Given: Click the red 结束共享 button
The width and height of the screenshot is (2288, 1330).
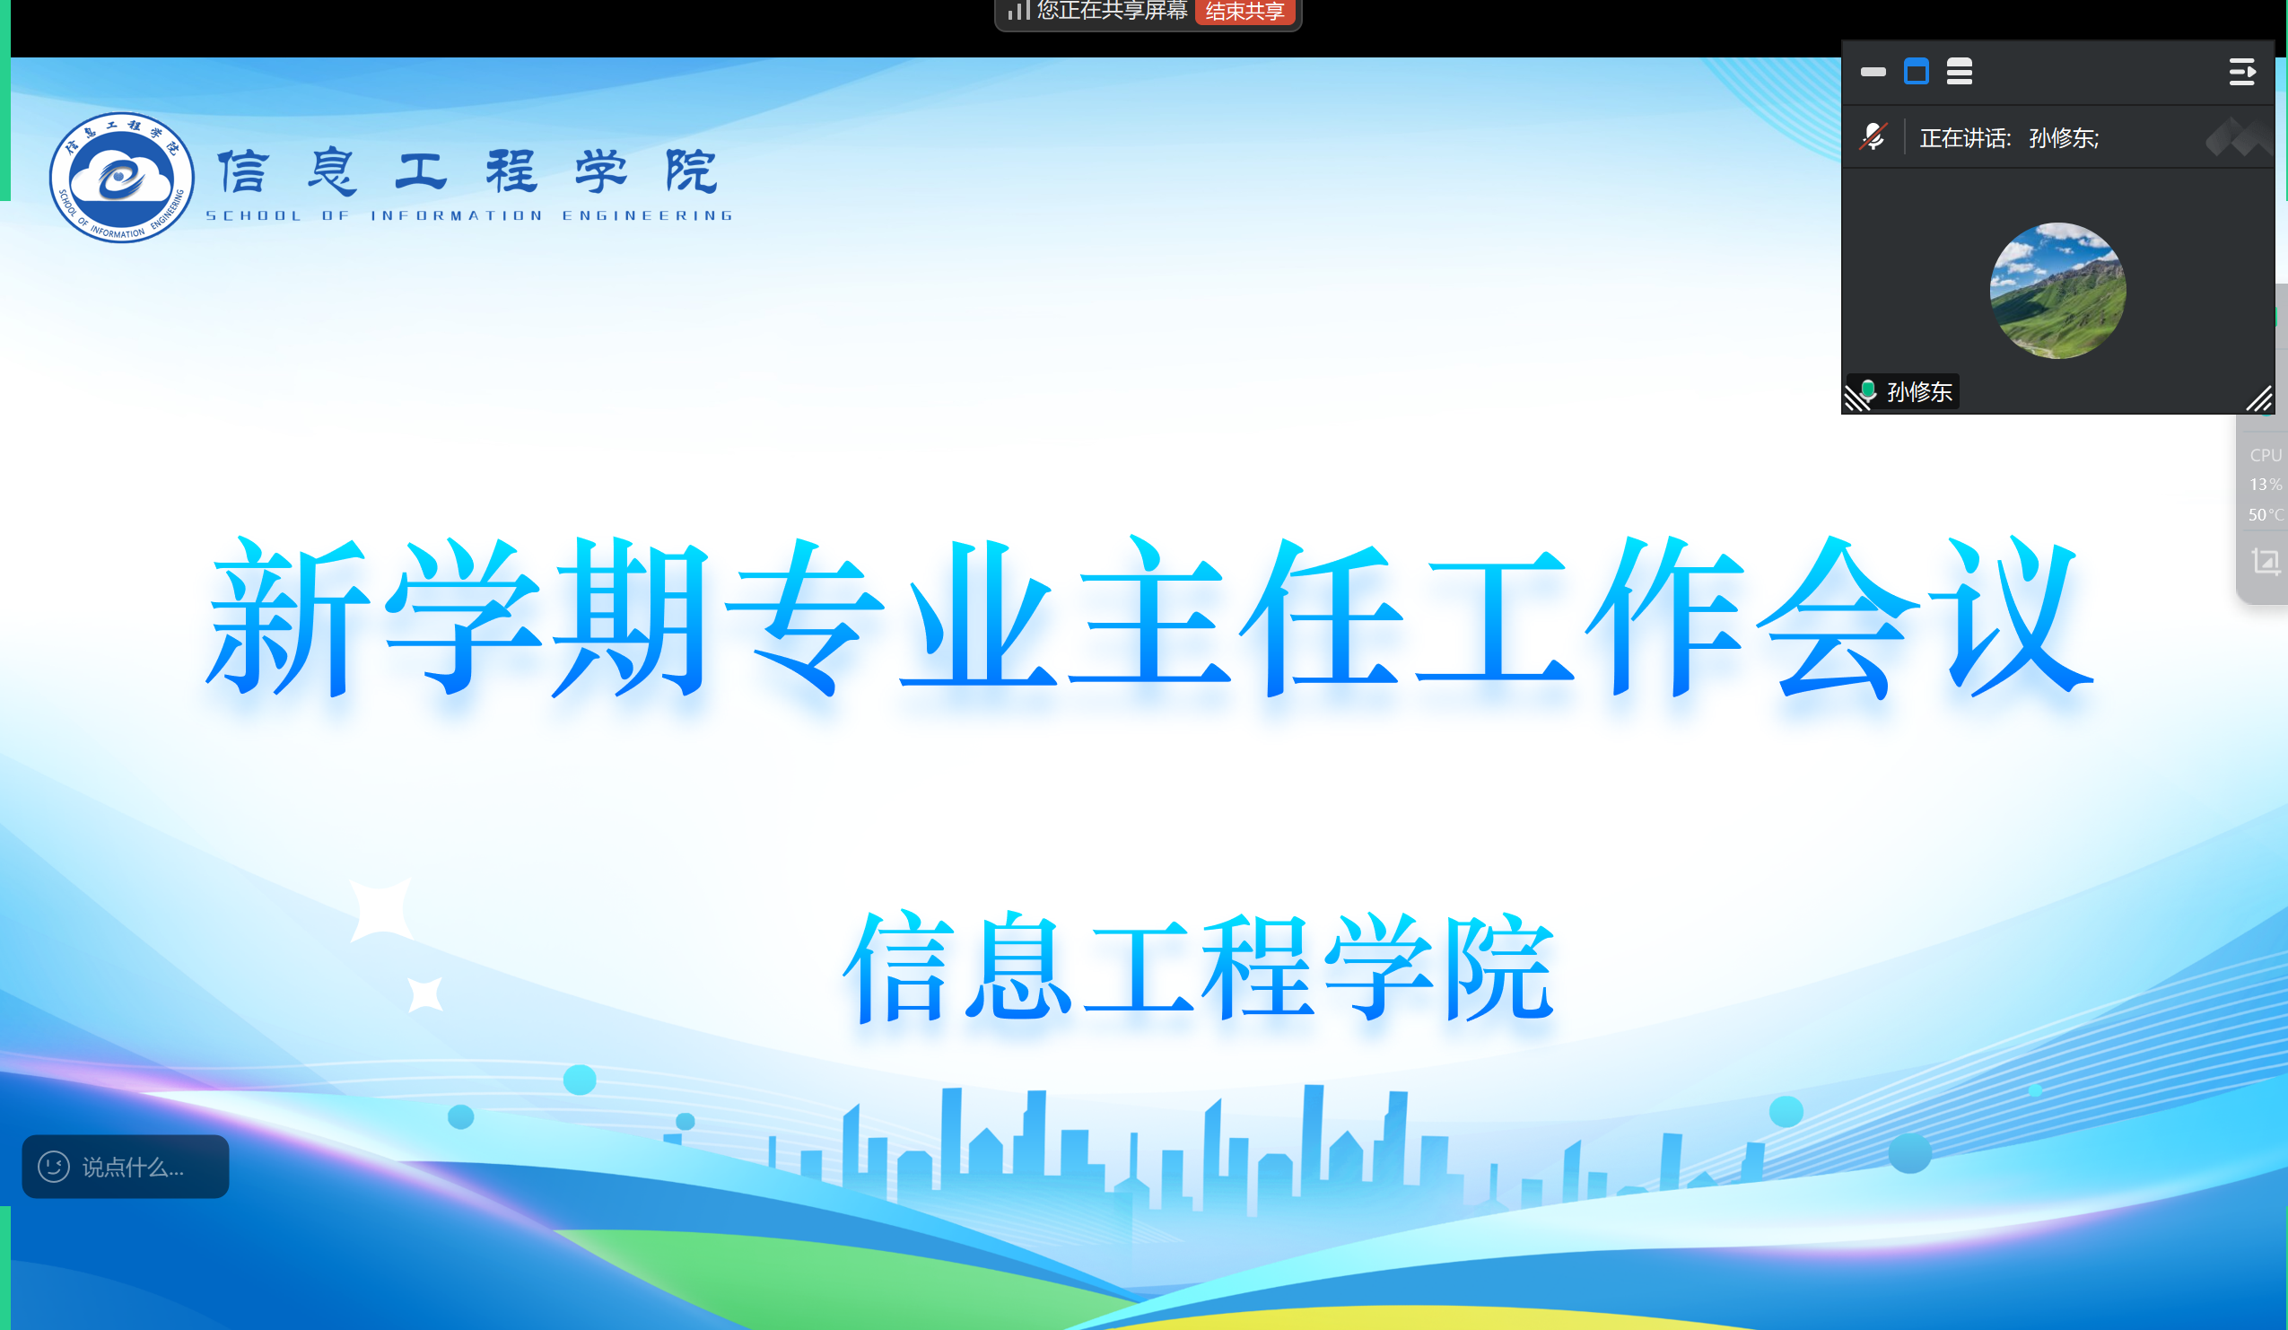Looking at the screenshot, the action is [1244, 12].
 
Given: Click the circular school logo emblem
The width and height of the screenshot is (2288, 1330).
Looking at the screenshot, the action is [122, 178].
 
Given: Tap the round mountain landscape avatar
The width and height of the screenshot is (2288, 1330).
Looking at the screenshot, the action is [2057, 291].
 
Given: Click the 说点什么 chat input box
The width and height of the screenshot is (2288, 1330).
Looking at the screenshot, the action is [126, 1167].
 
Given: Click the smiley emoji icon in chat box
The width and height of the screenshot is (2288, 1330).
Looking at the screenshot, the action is [54, 1167].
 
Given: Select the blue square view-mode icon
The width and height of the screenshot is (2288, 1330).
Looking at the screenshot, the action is [1916, 72].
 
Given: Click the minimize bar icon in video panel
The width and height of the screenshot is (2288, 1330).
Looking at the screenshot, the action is [1873, 72].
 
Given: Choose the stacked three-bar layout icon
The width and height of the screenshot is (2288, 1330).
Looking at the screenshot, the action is [1960, 72].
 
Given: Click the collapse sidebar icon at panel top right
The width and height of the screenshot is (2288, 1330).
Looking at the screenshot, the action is [2241, 72].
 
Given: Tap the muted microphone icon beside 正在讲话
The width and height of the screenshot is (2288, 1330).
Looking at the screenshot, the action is [1873, 137].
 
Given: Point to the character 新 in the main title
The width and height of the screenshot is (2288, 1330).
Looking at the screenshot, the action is [289, 617].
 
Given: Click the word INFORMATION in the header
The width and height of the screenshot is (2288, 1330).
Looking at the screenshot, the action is [457, 216].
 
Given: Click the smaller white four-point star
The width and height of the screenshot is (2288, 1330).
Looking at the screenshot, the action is [424, 994].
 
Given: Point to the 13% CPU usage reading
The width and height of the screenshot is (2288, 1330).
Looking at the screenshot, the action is [2266, 485].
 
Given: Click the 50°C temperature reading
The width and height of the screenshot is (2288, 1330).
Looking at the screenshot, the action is [2266, 515].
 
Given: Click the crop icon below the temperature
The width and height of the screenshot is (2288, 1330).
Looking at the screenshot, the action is [2266, 561].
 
